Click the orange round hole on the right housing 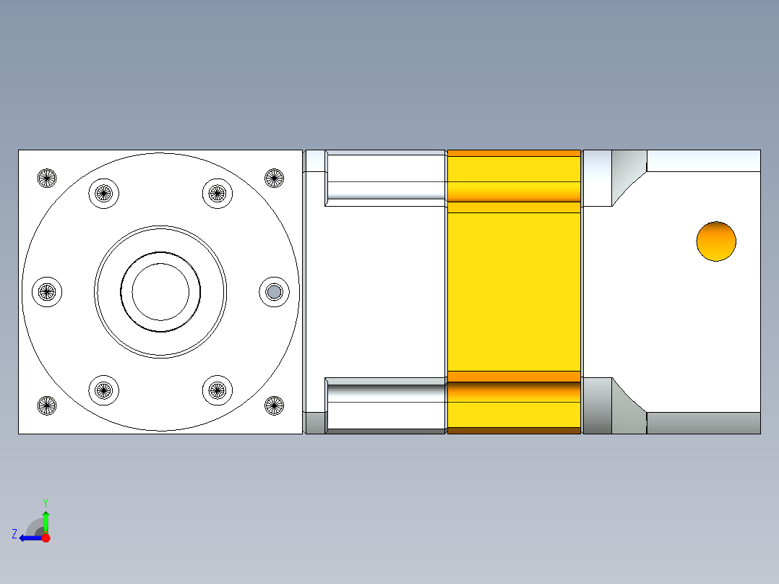point(716,241)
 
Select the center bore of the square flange point(160,291)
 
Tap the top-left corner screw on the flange point(47,177)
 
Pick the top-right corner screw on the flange point(274,177)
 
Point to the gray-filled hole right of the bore point(275,291)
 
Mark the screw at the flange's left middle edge point(47,291)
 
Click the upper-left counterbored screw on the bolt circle point(103,193)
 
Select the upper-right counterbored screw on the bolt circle point(217,193)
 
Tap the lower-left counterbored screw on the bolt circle point(103,390)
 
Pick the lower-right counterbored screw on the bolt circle point(217,390)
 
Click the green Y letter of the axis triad point(45,502)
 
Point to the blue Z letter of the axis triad point(14,534)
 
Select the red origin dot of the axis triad point(46,538)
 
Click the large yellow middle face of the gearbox point(514,291)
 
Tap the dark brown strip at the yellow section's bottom point(514,431)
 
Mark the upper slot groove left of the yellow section point(385,190)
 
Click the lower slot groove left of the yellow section point(385,393)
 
